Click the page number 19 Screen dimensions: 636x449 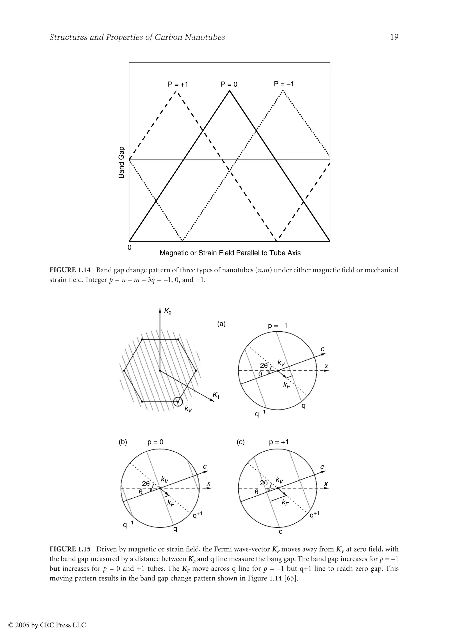tap(394, 37)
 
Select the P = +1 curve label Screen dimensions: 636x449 tap(178, 84)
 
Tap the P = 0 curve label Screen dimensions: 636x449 tap(229, 84)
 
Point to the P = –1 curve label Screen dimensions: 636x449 tap(283, 84)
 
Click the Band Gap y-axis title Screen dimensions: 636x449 tap(121, 163)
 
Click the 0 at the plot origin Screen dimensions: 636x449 tap(129, 248)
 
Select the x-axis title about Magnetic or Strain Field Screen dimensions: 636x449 tap(230, 253)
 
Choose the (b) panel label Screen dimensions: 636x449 tap(123, 442)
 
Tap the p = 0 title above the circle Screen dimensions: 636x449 tap(155, 442)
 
